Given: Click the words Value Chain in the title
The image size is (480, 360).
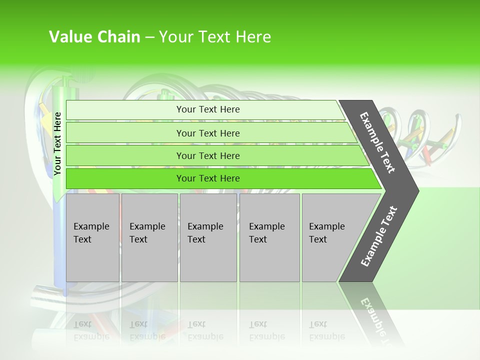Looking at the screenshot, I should (94, 37).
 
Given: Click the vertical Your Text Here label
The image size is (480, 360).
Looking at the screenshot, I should (57, 144).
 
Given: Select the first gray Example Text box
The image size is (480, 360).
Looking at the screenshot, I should (92, 237).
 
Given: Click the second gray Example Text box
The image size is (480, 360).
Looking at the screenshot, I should (149, 237).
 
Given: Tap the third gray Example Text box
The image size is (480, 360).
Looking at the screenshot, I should (208, 237).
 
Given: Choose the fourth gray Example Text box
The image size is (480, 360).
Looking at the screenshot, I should (269, 237).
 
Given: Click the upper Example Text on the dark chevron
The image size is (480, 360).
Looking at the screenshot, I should (377, 142).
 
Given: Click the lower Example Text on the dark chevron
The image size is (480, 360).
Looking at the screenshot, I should (379, 236).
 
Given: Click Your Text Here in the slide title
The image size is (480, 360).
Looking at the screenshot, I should (215, 37).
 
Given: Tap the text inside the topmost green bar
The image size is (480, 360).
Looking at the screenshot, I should (208, 109).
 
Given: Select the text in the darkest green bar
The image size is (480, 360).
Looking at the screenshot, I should (208, 178).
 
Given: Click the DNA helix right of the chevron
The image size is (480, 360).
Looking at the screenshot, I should (425, 135).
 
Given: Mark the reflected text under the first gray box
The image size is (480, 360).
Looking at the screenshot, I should (91, 330).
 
